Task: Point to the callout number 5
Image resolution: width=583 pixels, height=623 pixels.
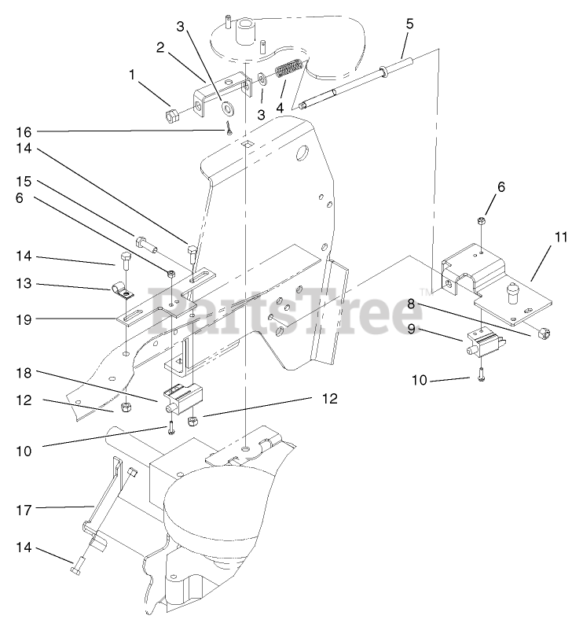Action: coord(409,23)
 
